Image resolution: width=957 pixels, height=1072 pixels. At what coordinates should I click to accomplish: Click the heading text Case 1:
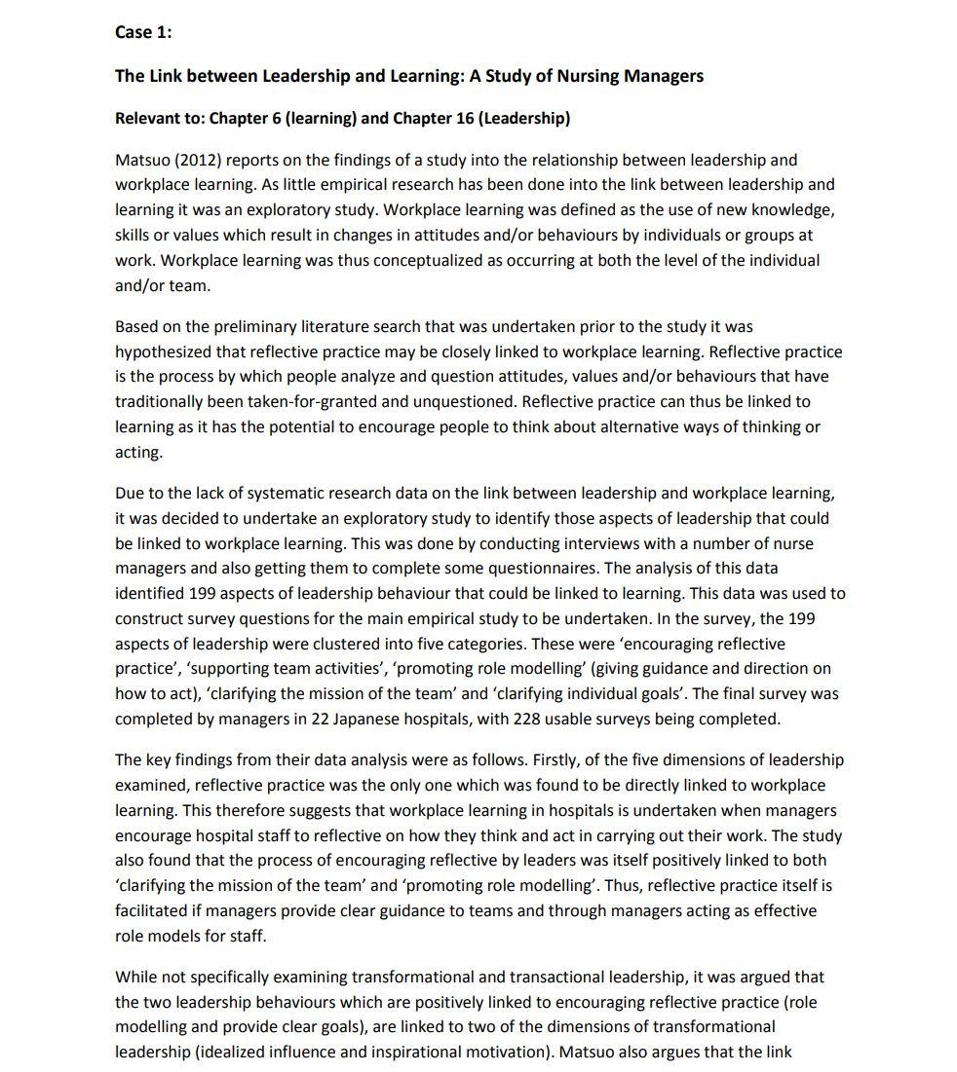[143, 32]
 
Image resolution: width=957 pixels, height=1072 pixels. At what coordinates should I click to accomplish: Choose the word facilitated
[157, 910]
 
